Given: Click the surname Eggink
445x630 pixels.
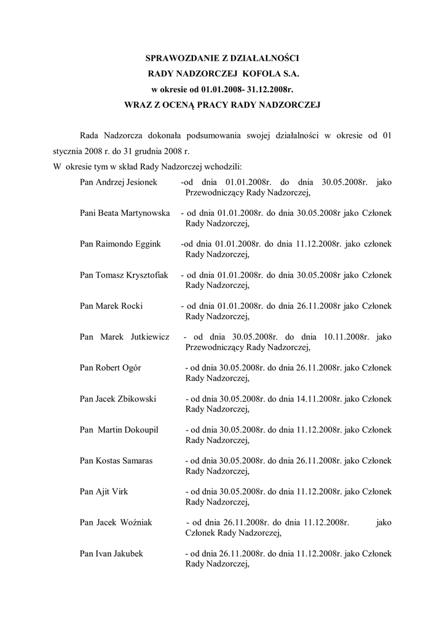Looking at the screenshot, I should click(146, 244).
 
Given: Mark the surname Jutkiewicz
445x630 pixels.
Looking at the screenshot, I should click(151, 337).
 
